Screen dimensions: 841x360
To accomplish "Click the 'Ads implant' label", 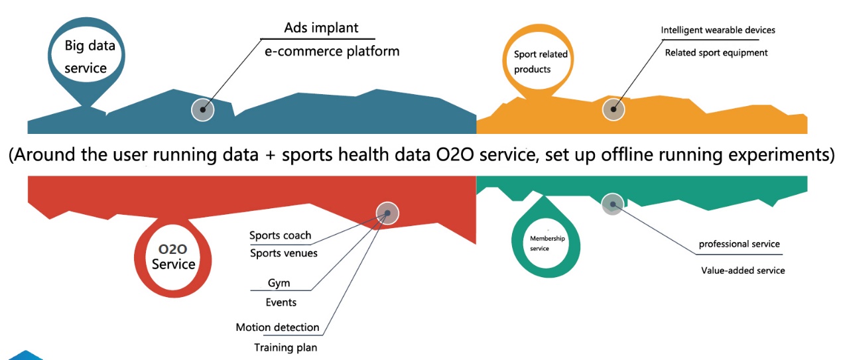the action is pos(321,28).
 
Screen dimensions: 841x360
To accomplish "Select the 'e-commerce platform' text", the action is pos(332,51).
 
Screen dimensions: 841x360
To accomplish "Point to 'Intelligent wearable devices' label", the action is pos(718,30).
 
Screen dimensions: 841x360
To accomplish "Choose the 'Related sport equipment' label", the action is pos(716,52).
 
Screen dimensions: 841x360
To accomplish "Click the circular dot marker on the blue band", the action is pos(203,109).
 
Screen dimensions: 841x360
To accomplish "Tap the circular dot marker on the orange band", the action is pos(614,109).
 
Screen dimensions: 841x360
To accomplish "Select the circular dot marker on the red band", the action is pos(387,213).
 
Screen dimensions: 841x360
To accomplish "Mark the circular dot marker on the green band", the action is pos(613,204).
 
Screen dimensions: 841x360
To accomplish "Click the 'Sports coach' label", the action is pos(280,235).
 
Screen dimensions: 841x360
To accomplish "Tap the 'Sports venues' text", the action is pos(283,253).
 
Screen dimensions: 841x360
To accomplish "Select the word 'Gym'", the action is pos(279,282).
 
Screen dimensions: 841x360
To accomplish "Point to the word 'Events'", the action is pos(281,302).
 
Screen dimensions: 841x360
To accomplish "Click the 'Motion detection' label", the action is pos(277,328).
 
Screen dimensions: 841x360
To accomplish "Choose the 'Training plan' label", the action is pos(285,347).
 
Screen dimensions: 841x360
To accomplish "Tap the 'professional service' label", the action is pos(740,244).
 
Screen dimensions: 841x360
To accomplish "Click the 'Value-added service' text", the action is pos(743,270).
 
